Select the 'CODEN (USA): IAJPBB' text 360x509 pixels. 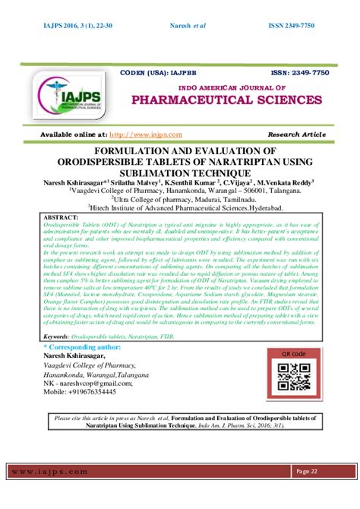pos(156,71)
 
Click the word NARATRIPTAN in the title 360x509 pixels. pos(229,161)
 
